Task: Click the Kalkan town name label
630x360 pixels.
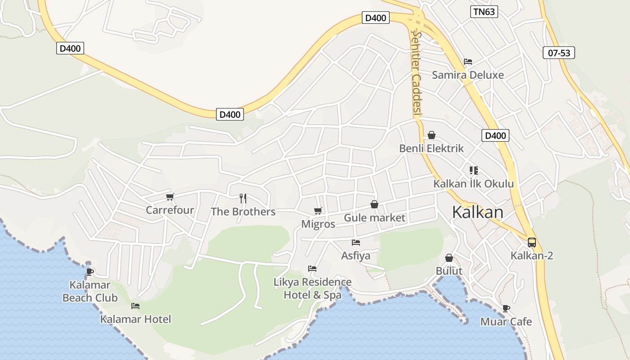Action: [x=477, y=212]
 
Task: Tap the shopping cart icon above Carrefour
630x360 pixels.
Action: [x=170, y=197]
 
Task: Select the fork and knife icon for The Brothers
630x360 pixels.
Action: [x=243, y=198]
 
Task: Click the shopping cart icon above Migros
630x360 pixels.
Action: [x=318, y=211]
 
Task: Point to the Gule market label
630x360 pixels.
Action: [x=374, y=218]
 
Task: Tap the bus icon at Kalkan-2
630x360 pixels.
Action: [x=531, y=243]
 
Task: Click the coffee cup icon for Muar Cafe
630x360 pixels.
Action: [x=506, y=308]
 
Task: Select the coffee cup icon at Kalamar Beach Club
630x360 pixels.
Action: [x=90, y=271]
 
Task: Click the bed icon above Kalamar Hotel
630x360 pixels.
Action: [x=135, y=306]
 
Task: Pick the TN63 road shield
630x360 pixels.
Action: [x=484, y=12]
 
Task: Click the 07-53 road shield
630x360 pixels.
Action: [x=559, y=53]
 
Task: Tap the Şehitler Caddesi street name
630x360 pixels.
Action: [x=416, y=74]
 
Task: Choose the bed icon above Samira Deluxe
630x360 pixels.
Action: [x=468, y=62]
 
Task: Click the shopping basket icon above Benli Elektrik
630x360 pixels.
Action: [x=431, y=135]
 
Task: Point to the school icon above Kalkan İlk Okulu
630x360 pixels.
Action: [x=473, y=170]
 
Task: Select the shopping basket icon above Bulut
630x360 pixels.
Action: [x=449, y=258]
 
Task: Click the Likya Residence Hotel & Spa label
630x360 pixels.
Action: [x=313, y=288]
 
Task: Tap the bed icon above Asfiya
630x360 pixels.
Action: [x=355, y=243]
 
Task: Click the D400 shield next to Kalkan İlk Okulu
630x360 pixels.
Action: [x=495, y=135]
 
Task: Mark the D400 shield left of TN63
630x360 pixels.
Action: [x=375, y=18]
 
